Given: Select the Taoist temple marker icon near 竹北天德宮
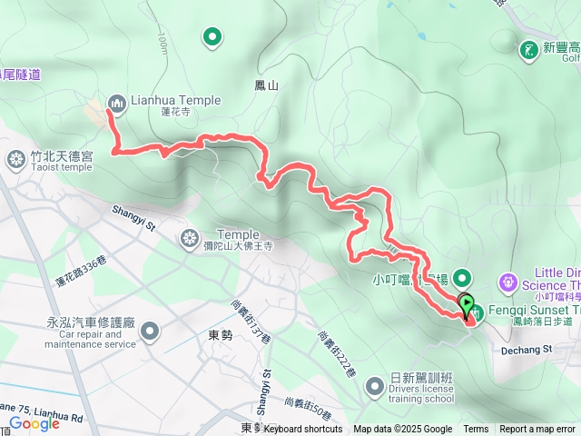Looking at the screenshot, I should pos(16,161).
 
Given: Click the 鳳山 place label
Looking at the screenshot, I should pos(266,84).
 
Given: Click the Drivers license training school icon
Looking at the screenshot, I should pos(374,388).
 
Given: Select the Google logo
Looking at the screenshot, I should pos(34,423).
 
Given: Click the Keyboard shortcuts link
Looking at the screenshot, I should pos(303,430).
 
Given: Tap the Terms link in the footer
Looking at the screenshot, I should pos(476,430).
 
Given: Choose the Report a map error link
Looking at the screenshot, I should pos(537,430).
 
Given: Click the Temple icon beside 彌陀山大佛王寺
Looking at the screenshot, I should pos(189,239).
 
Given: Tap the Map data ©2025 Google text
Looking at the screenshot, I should pos(402,430).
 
